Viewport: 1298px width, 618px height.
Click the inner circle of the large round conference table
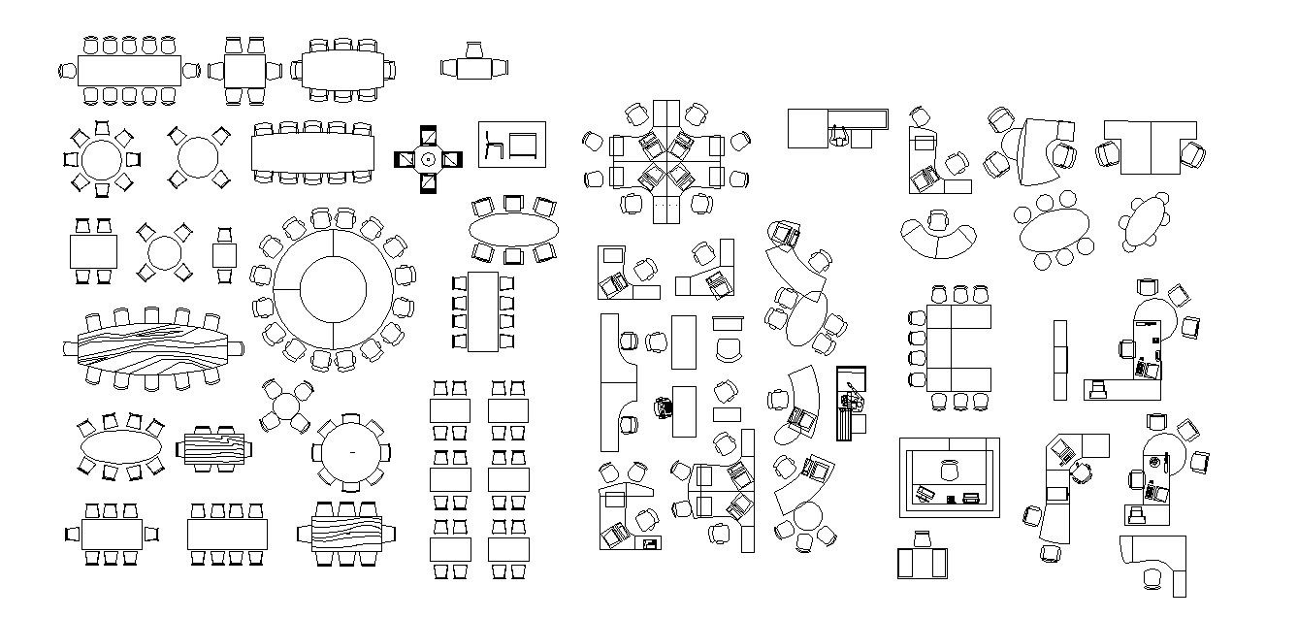point(333,288)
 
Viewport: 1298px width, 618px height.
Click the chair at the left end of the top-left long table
point(68,70)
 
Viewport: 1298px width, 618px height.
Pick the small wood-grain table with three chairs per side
point(212,449)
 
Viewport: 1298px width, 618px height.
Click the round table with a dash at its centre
point(351,452)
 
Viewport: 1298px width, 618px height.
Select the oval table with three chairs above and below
point(514,229)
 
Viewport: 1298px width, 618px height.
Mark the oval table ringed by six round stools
point(1054,231)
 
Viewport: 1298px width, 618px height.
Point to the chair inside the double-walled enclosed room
point(949,470)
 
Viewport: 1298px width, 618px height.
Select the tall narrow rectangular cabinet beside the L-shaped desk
point(1060,359)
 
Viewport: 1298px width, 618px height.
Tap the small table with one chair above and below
point(225,255)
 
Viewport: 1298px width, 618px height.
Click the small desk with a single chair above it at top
point(474,68)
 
